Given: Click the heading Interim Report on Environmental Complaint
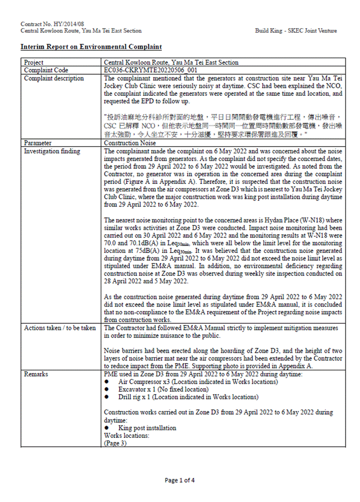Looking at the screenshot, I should pyautogui.click(x=91, y=47).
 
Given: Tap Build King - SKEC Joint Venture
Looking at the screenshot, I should pyautogui.click(x=296, y=31).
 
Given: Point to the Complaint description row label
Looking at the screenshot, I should pyautogui.click(x=54, y=78).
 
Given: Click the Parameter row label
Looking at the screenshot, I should pyautogui.click(x=38, y=143).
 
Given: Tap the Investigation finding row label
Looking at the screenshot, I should pyautogui.click(x=52, y=151).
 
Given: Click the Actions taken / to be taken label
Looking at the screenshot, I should pyautogui.click(x=60, y=328).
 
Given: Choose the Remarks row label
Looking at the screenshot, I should pyautogui.click(x=36, y=374).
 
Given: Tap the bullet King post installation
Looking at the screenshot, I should pyautogui.click(x=147, y=427).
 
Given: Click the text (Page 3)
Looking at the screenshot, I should pyautogui.click(x=115, y=443).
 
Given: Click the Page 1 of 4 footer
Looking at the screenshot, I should pyautogui.click(x=179, y=480).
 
